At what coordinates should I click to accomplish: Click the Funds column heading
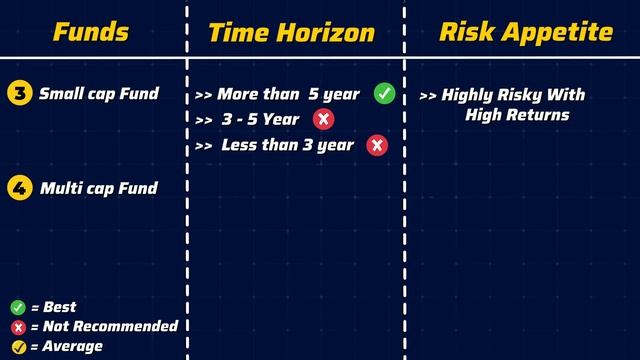tap(91, 32)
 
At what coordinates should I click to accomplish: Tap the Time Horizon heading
tap(291, 33)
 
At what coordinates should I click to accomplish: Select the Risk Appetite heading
tap(526, 32)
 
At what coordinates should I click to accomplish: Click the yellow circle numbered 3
tap(18, 94)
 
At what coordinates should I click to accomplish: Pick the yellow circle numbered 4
tap(18, 187)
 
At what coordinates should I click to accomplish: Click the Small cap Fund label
tap(98, 94)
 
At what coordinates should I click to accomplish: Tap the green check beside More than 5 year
tap(385, 94)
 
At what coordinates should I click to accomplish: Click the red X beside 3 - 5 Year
tap(323, 120)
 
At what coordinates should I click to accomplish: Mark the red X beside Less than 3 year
tap(377, 146)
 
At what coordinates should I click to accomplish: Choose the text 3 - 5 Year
tap(262, 120)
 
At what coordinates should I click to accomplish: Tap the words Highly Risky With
tap(513, 95)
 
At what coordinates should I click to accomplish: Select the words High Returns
tap(517, 115)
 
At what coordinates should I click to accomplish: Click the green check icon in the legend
tap(17, 307)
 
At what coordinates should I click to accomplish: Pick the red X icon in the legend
tap(17, 326)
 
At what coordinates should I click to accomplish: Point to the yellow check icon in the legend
tap(17, 346)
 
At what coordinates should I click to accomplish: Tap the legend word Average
tap(73, 346)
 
